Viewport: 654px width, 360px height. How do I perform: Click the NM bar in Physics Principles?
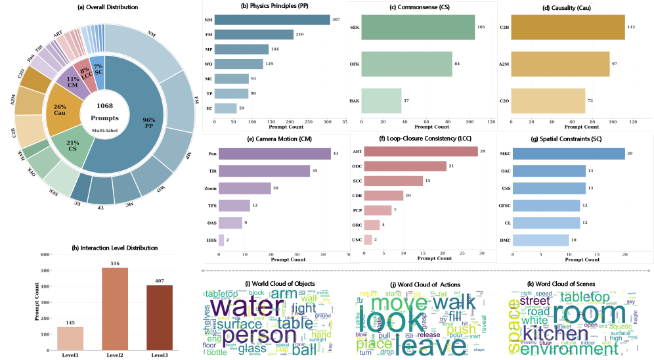pyautogui.click(x=272, y=20)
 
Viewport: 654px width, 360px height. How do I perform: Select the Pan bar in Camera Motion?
pyautogui.click(x=274, y=154)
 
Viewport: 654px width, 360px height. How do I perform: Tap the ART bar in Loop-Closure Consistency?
pyautogui.click(x=420, y=152)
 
